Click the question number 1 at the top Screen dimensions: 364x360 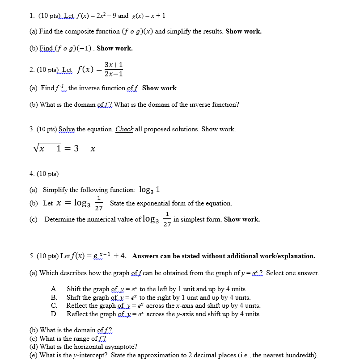click(31, 16)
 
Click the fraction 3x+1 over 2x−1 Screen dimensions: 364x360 click(114, 69)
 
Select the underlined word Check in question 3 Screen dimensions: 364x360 click(124, 129)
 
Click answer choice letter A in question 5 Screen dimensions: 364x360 click(54, 289)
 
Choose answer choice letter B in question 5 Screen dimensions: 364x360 click(54, 297)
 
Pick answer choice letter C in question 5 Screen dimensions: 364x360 click(54, 306)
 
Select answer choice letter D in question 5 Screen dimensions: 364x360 click(54, 314)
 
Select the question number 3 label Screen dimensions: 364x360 click(31, 129)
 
